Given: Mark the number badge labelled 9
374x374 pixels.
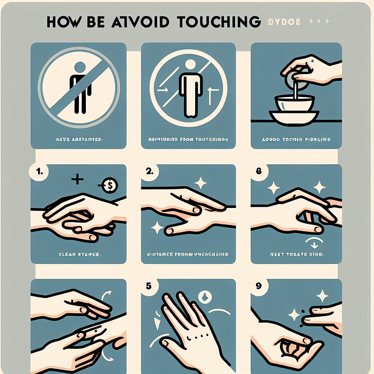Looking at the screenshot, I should (259, 287).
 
